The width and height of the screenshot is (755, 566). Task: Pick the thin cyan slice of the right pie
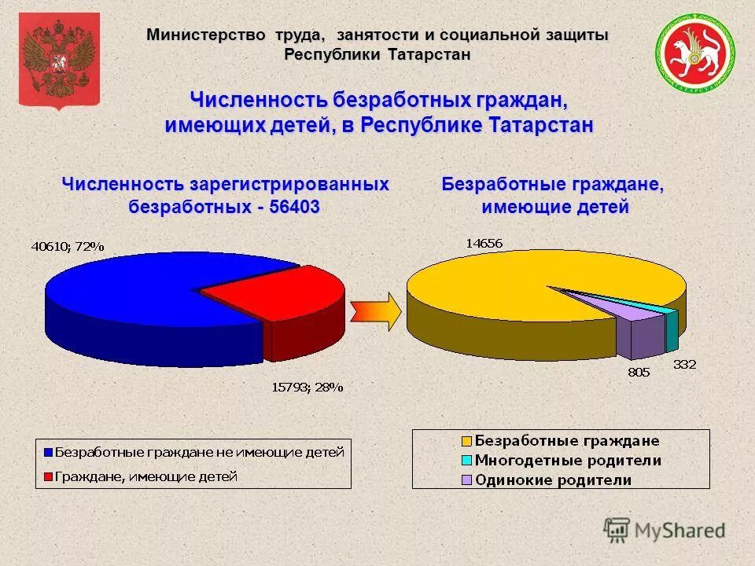coord(670,322)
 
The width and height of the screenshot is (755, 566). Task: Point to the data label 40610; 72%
coord(68,246)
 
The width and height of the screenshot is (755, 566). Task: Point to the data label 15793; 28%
coord(308,386)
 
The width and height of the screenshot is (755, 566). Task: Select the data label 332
coord(684,364)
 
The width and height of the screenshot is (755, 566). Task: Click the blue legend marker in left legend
coord(47,453)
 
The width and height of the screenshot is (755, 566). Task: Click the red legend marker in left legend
coord(47,476)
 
